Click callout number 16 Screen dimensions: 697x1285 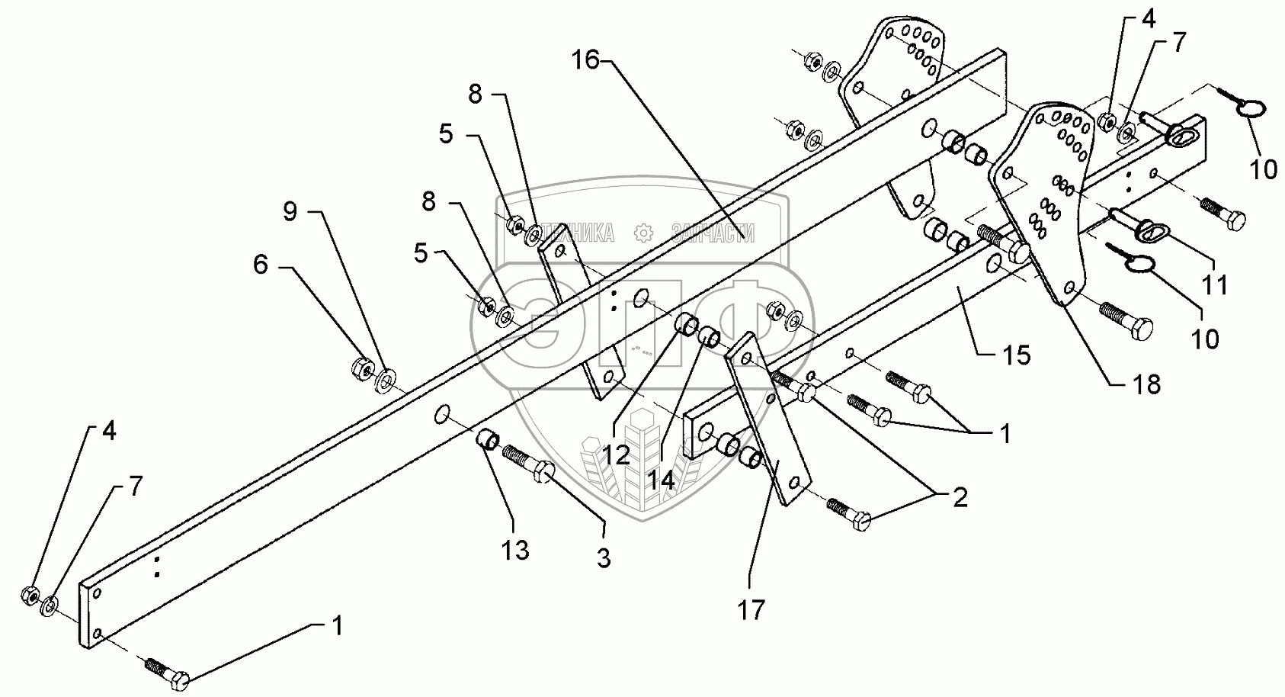[x=587, y=60]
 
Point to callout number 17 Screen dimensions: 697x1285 [x=751, y=609]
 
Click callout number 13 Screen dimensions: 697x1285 [x=515, y=550]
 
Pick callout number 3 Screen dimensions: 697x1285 [x=603, y=558]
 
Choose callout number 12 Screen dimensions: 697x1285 [x=614, y=454]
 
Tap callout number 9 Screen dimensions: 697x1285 [x=290, y=211]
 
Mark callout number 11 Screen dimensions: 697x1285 [x=1215, y=284]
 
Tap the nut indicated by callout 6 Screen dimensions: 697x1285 [x=361, y=369]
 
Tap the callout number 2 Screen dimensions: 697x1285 [x=960, y=497]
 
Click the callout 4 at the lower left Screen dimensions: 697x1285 [x=109, y=431]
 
